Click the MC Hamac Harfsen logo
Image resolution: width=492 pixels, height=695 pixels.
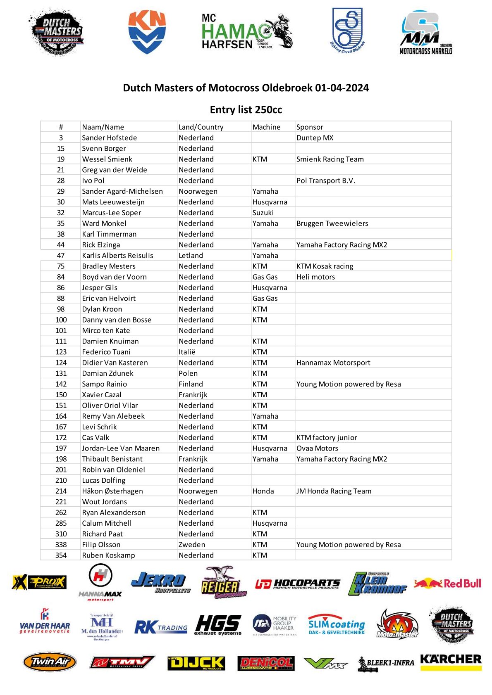[247, 32]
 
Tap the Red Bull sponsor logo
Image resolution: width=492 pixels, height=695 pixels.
[448, 583]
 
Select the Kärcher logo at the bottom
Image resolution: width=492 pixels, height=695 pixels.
[451, 660]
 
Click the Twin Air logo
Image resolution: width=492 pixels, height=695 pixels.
[50, 662]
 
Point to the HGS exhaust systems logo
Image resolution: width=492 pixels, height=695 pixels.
[218, 625]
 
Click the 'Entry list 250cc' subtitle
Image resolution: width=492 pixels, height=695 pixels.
[246, 110]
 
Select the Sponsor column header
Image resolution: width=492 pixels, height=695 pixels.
[310, 127]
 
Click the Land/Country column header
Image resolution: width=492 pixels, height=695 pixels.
[201, 127]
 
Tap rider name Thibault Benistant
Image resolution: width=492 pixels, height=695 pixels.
[112, 459]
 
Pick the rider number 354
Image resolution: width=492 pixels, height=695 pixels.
[61, 555]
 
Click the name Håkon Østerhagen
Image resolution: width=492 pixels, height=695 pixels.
[112, 491]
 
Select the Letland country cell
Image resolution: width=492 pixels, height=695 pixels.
[191, 256]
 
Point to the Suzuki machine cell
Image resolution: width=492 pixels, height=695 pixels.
[263, 213]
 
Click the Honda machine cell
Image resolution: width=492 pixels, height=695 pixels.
[263, 491]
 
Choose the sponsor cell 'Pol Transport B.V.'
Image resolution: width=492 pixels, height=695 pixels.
[326, 180]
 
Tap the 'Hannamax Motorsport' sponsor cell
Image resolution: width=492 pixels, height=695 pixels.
[333, 363]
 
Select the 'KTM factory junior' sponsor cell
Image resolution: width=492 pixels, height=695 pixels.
[327, 438]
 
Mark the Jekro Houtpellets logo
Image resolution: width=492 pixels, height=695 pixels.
[160, 582]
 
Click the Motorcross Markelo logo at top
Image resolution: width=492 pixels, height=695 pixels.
[426, 33]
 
